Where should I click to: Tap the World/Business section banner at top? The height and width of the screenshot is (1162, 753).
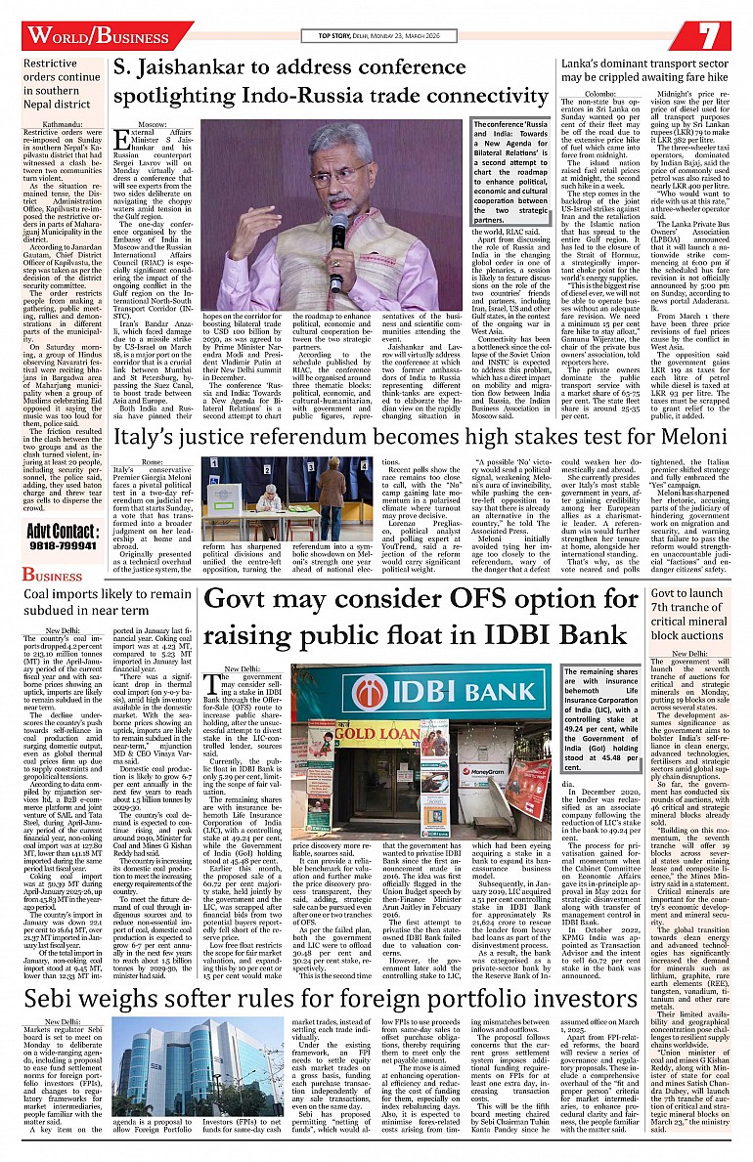tap(98, 36)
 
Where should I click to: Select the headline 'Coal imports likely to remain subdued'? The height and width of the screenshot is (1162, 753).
tap(108, 602)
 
